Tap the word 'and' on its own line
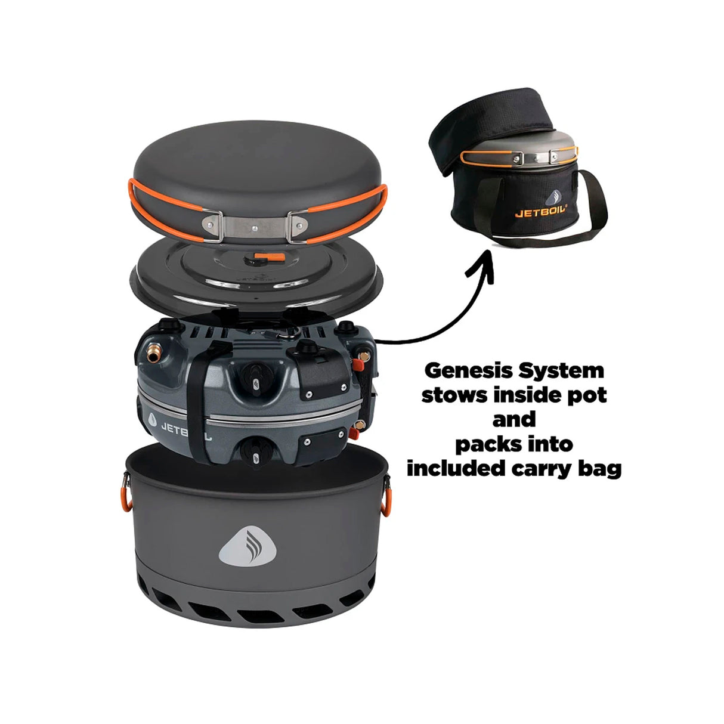[513, 420]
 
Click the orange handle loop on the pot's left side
[126, 497]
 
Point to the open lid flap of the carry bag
[501, 119]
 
